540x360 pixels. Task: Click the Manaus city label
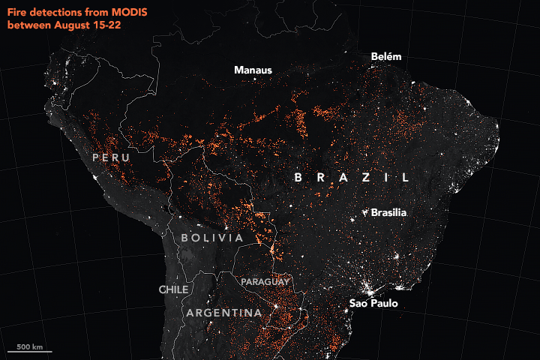(253, 70)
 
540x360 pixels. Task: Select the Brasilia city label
(388, 213)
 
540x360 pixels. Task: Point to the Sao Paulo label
(373, 303)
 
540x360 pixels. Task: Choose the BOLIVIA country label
(212, 238)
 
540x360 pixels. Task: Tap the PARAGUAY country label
(265, 281)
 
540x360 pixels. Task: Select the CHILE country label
(173, 289)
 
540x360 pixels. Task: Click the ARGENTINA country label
(224, 313)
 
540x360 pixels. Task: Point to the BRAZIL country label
(352, 178)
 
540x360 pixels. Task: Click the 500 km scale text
(30, 346)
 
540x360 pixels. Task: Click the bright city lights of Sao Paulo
(367, 287)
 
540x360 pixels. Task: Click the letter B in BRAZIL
(298, 178)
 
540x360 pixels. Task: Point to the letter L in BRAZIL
(405, 178)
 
